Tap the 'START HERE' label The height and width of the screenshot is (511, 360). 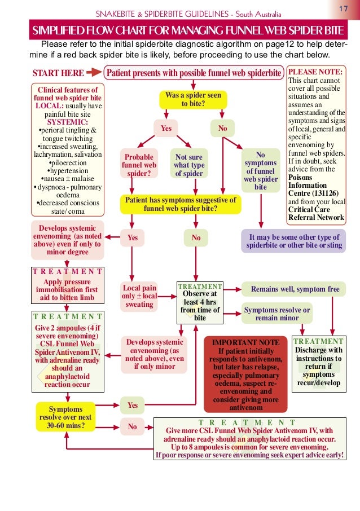click(x=58, y=73)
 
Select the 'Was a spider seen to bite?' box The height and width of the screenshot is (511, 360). click(x=193, y=99)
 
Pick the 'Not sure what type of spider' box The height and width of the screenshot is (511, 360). click(x=189, y=165)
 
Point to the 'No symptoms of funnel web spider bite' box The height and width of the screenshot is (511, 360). click(x=260, y=170)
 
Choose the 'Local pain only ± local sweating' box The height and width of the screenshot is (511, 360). click(x=139, y=296)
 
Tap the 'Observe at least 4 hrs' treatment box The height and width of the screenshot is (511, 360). click(x=200, y=302)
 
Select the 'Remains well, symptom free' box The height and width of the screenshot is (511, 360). click(x=295, y=289)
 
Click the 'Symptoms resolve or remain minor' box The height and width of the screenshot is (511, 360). click(x=277, y=314)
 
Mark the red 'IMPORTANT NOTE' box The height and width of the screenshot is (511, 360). click(x=245, y=375)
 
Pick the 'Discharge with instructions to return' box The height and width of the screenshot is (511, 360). click(x=318, y=365)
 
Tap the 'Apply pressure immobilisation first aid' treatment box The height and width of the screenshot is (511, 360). click(x=67, y=284)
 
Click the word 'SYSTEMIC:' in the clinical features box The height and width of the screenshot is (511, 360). click(x=67, y=122)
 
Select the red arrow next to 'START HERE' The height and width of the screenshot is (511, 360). click(x=94, y=73)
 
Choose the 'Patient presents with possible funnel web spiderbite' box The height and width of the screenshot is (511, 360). click(x=193, y=73)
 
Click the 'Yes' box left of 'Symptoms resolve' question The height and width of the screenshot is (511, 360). click(x=132, y=405)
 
